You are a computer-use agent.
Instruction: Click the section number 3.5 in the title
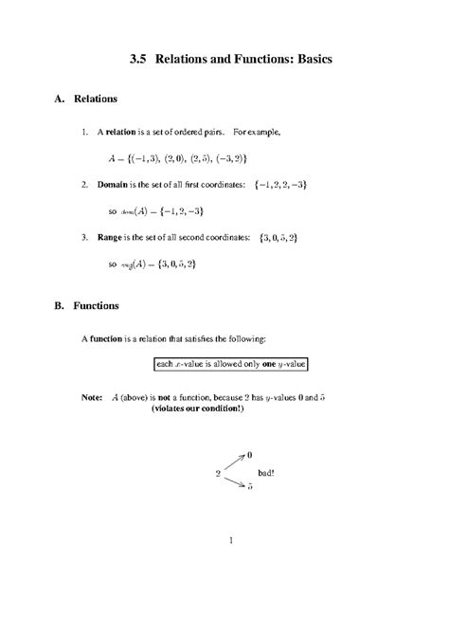point(138,59)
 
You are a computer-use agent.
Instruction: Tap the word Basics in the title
point(305,59)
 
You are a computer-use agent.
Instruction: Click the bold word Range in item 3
point(128,236)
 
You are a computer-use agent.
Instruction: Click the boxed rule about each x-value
point(231,364)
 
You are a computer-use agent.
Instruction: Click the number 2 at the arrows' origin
point(218,471)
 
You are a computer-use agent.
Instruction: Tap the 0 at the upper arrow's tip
point(249,455)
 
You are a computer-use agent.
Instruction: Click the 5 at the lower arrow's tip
point(249,486)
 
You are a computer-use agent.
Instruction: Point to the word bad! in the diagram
point(266,471)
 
